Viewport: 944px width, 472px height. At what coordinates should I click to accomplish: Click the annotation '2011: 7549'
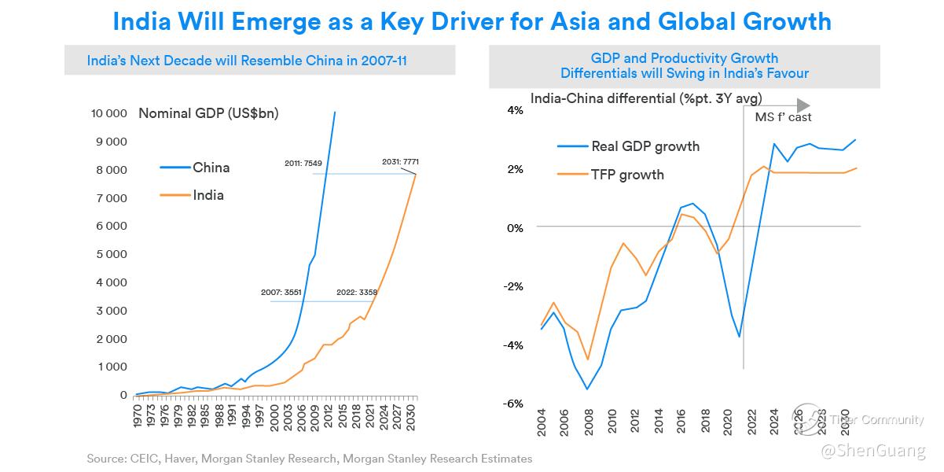(303, 163)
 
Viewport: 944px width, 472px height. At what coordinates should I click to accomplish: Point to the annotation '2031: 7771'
(400, 161)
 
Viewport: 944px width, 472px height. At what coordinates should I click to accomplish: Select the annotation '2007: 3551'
(280, 293)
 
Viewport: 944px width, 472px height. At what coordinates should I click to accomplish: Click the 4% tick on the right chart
(515, 110)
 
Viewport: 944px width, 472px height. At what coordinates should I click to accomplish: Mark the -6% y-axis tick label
(513, 404)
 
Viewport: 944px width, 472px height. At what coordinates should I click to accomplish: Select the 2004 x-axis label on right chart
(542, 424)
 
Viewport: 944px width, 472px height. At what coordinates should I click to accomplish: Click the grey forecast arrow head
(803, 105)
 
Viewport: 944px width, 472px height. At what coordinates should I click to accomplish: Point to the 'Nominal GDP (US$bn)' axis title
(208, 113)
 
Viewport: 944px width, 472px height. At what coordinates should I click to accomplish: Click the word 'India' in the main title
(143, 20)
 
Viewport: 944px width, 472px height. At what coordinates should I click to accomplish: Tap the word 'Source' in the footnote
(108, 458)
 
